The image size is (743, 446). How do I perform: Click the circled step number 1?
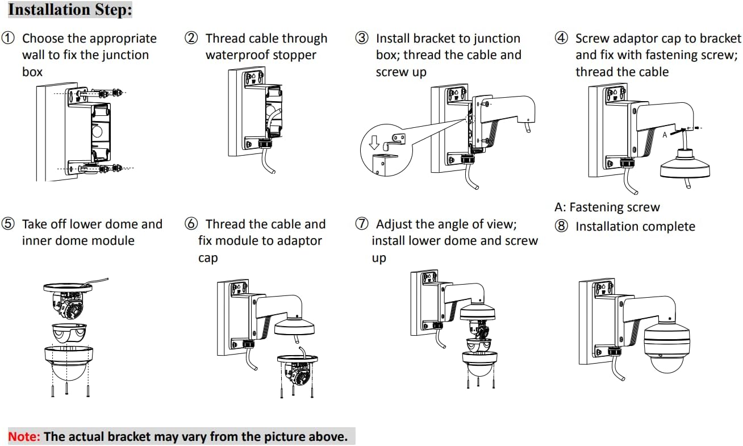pos(8,38)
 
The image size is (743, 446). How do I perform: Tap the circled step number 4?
pos(561,38)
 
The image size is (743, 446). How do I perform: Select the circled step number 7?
pos(361,224)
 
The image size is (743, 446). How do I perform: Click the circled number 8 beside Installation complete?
pos(561,226)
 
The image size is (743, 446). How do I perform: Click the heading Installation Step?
pos(70,9)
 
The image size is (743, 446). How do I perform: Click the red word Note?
pos(24,436)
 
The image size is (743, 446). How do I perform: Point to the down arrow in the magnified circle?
pos(374,143)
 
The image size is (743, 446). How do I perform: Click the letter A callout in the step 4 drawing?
pos(665,135)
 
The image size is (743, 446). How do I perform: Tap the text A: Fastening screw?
pos(607,207)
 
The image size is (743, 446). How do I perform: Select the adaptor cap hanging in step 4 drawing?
pos(684,164)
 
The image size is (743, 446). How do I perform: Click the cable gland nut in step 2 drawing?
pos(265,144)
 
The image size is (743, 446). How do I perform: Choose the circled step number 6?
pos(191,224)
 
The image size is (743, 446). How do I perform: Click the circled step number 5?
pos(8,224)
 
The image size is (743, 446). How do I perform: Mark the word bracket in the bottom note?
pos(130,436)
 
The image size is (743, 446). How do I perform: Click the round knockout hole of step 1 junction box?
pos(97,131)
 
